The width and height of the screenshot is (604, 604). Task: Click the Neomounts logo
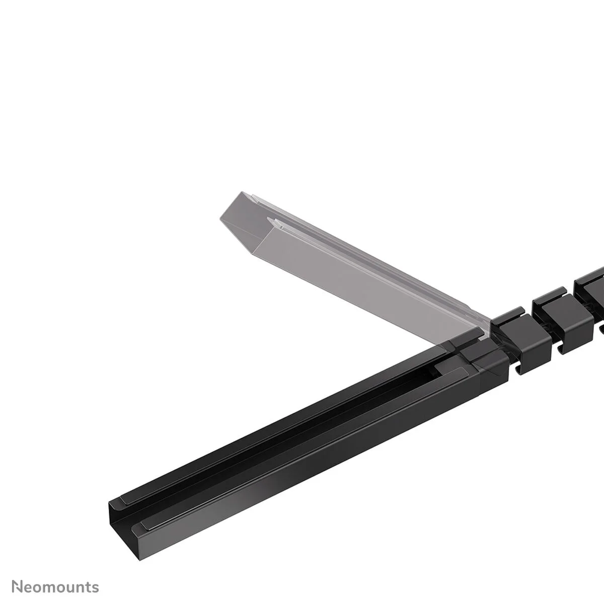(x=55, y=572)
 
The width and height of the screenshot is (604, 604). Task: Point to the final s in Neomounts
(x=96, y=573)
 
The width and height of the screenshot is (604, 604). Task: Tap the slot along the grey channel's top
(x=352, y=262)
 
